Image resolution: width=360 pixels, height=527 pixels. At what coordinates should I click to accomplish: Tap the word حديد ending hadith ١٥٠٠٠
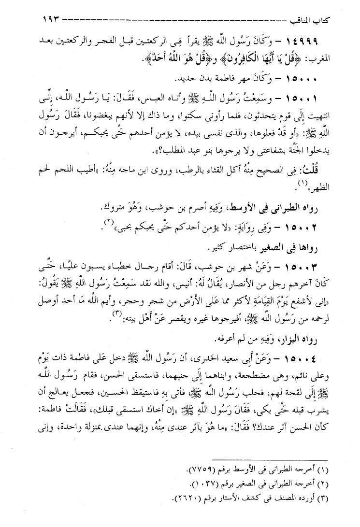click(187, 78)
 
